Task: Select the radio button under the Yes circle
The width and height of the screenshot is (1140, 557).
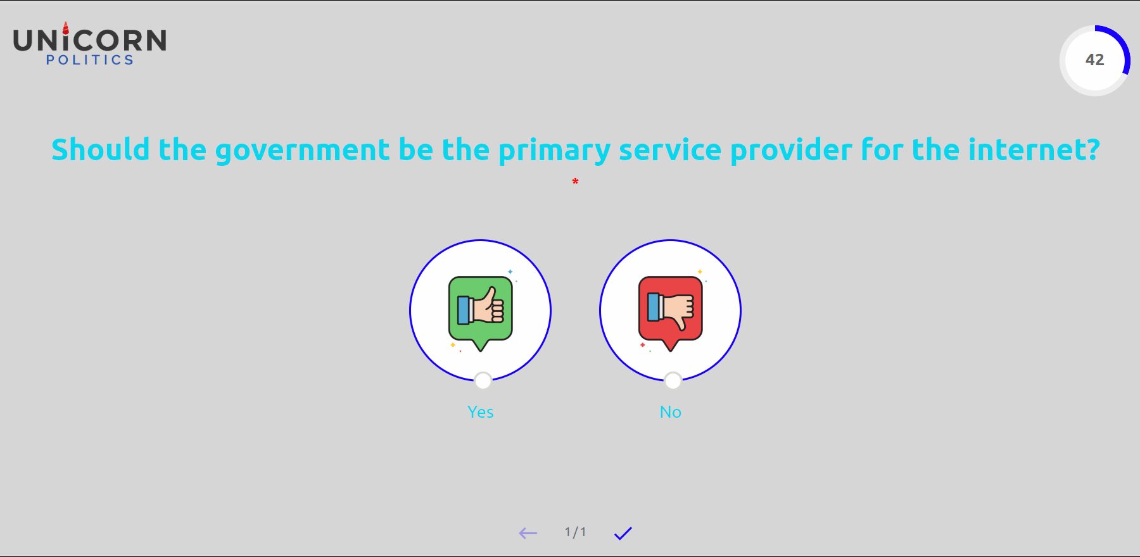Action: coord(483,380)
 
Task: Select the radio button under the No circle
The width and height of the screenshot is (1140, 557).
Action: coord(673,380)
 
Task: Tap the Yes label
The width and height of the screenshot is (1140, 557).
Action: coord(481,412)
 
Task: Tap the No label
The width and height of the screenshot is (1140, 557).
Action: coord(671,412)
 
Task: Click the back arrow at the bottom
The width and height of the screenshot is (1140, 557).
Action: coord(528,534)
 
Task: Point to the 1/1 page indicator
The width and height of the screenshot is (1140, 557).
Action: coord(576,532)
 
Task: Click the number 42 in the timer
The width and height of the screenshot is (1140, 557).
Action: coord(1095,59)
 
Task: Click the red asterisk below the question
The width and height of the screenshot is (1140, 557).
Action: coord(575,182)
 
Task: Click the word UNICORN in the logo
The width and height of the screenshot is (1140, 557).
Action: coord(90,41)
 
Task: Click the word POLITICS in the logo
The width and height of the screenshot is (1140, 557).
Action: coord(90,60)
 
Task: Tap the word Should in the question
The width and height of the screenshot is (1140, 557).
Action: coord(101,150)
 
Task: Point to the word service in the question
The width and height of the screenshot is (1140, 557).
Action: coord(670,151)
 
